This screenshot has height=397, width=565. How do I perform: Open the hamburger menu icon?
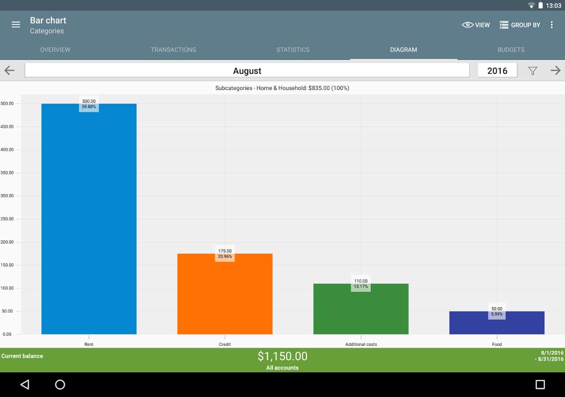click(x=16, y=25)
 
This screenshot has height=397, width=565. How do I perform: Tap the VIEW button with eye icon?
click(x=476, y=25)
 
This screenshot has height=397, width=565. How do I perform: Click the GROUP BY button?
click(x=520, y=25)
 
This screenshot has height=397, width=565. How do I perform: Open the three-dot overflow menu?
click(x=551, y=25)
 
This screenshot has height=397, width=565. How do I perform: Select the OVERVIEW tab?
click(x=55, y=50)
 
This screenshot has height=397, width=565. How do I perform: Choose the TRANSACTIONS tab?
click(x=173, y=50)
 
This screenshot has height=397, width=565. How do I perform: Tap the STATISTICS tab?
click(x=293, y=50)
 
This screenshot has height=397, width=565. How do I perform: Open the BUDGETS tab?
click(x=511, y=50)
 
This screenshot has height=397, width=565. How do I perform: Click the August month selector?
click(x=247, y=71)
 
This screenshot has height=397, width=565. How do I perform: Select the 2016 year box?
click(x=497, y=71)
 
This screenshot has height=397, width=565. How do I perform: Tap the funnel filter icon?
click(x=533, y=71)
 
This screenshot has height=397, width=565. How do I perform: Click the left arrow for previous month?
click(x=9, y=71)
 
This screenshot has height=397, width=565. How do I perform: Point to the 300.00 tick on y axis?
click(x=7, y=196)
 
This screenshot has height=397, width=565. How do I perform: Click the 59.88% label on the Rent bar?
click(x=89, y=107)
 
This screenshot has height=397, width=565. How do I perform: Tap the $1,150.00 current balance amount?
click(x=282, y=356)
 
